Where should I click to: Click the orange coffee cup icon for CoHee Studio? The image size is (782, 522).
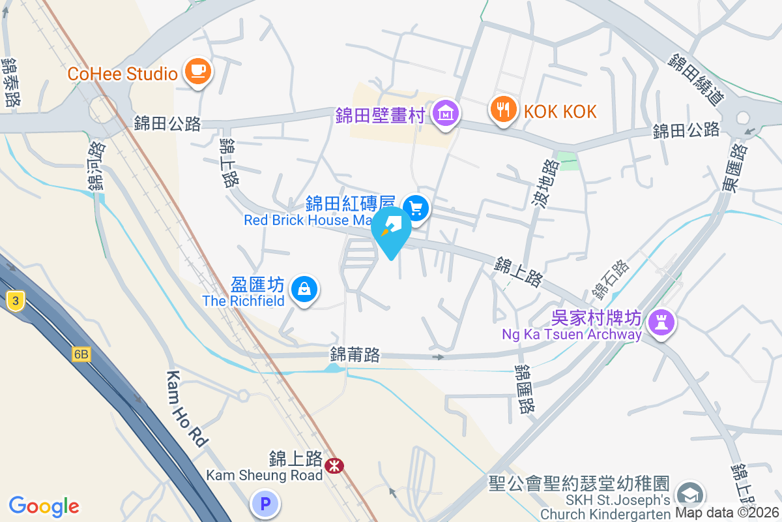pyautogui.click(x=197, y=70)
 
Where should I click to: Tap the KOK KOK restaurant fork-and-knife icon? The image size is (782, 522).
pyautogui.click(x=502, y=108)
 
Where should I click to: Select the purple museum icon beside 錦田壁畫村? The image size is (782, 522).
pyautogui.click(x=446, y=112)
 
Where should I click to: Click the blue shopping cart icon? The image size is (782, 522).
pyautogui.click(x=415, y=209)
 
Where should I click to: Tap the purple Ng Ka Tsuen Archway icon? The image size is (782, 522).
pyautogui.click(x=662, y=322)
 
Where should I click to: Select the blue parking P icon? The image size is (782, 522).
pyautogui.click(x=265, y=504)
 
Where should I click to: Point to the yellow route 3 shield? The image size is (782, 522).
pyautogui.click(x=14, y=300)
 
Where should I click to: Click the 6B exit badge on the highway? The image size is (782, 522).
pyautogui.click(x=81, y=354)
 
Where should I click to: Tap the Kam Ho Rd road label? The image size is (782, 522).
pyautogui.click(x=187, y=408)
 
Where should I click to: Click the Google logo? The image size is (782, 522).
pyautogui.click(x=44, y=506)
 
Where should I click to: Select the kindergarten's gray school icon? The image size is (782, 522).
pyautogui.click(x=691, y=495)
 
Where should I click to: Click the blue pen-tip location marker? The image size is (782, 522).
pyautogui.click(x=391, y=229)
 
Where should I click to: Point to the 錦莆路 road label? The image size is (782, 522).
pyautogui.click(x=355, y=355)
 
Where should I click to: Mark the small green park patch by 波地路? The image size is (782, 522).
pyautogui.click(x=568, y=161)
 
